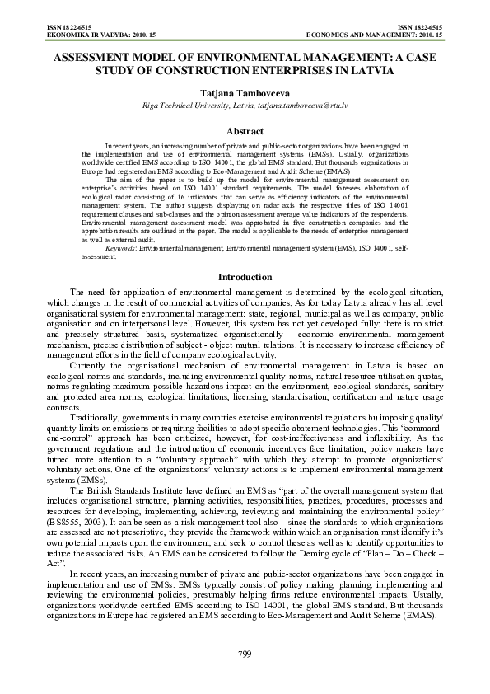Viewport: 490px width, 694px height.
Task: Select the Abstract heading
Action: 245,132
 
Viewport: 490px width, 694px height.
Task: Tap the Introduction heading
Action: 245,277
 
